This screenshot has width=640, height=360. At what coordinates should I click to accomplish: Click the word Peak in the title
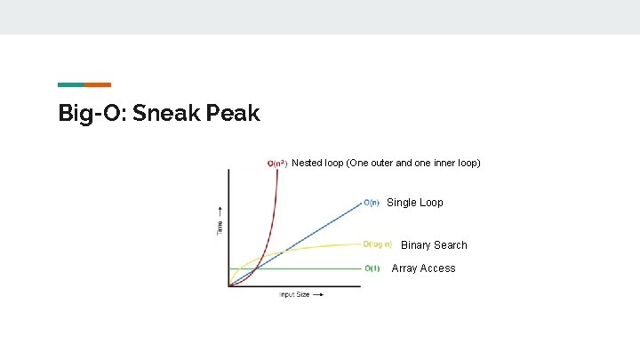[233, 114]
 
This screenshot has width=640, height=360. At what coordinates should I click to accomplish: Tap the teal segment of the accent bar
[71, 84]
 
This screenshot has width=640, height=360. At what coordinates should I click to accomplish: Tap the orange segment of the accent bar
[98, 84]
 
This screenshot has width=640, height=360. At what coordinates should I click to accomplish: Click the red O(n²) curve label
[277, 164]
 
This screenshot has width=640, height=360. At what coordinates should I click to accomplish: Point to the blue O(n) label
[372, 203]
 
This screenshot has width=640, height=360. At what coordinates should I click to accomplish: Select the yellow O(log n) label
[378, 244]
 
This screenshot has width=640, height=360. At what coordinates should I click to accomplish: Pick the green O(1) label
[372, 268]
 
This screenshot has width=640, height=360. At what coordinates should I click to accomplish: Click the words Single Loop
[414, 203]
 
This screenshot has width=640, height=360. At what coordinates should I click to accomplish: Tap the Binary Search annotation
[434, 245]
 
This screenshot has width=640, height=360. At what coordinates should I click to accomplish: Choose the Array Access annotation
[423, 268]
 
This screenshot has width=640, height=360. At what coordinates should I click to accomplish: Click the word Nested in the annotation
[308, 164]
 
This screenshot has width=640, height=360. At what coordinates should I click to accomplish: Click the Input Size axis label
[294, 294]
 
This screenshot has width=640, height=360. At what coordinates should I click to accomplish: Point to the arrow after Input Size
[317, 294]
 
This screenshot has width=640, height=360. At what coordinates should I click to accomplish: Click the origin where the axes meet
[229, 286]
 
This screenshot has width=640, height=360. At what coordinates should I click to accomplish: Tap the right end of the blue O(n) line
[360, 204]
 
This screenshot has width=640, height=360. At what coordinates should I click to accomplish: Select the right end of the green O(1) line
[360, 268]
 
